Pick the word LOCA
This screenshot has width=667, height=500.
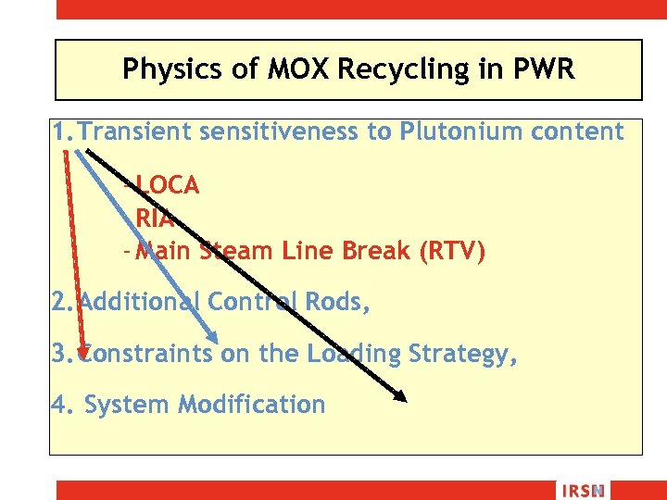coord(167,185)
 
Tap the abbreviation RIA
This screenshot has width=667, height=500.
coord(155,219)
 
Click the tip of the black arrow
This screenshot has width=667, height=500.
coord(405,400)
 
